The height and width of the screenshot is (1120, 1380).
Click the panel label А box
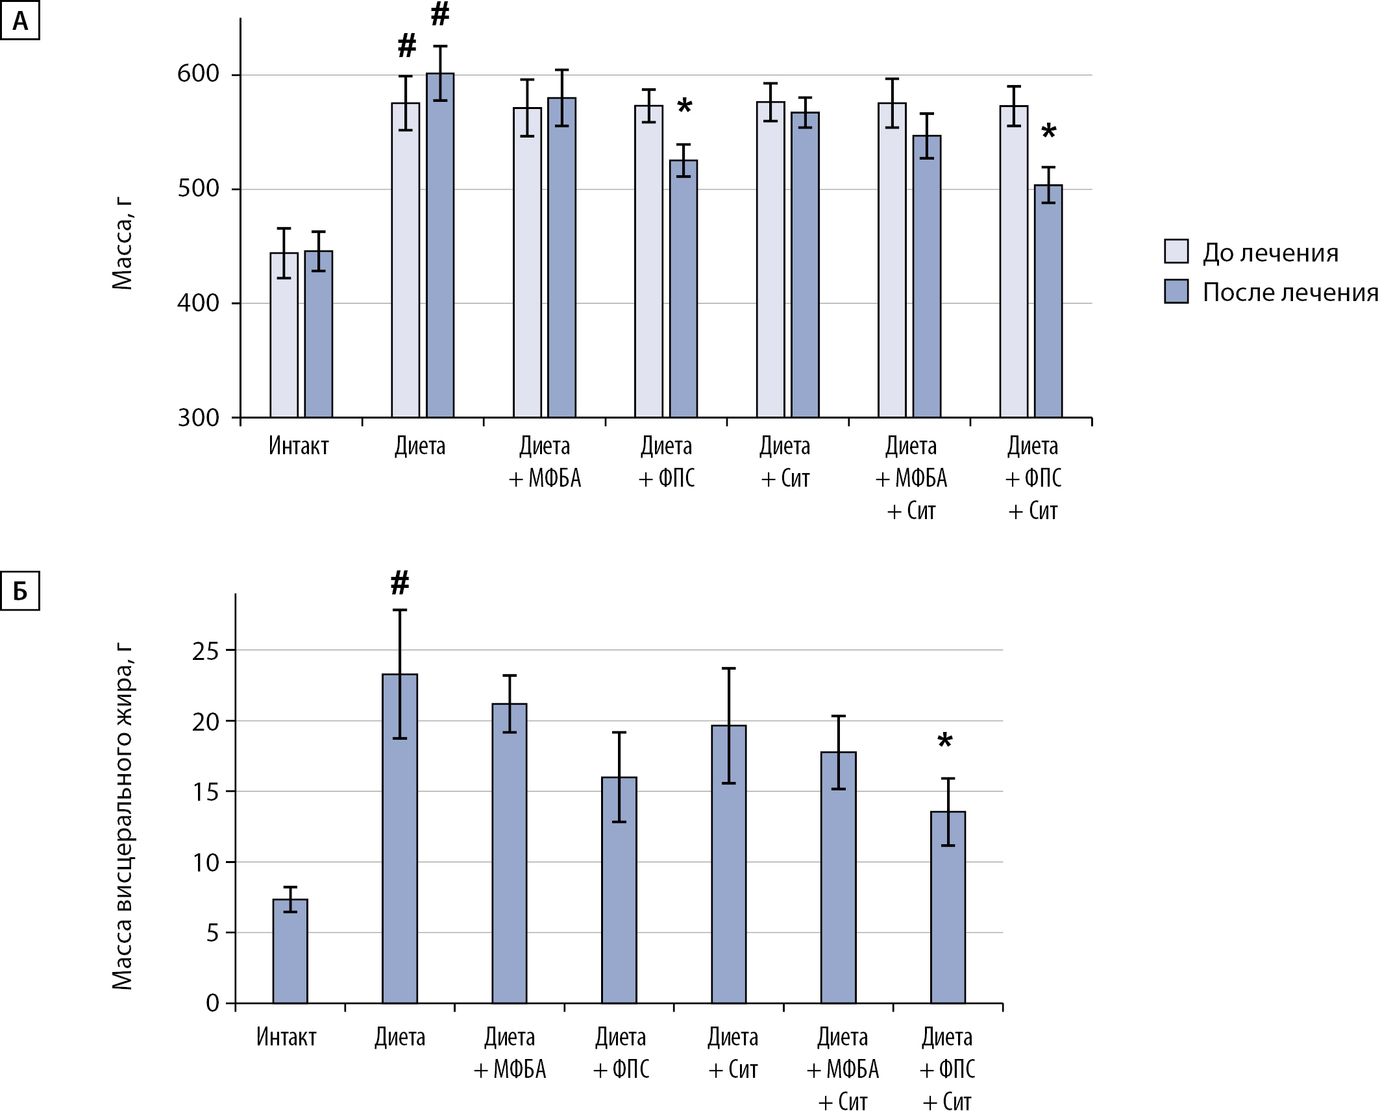(x=20, y=21)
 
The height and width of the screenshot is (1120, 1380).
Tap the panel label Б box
(x=20, y=590)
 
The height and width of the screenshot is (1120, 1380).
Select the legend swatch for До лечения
(x=1176, y=252)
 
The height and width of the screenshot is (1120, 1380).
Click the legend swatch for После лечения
(x=1176, y=291)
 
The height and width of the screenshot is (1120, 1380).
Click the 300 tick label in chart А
(x=199, y=417)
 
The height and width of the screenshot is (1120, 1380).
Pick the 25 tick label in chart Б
(x=205, y=651)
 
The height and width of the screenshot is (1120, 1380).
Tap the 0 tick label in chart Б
(x=213, y=1003)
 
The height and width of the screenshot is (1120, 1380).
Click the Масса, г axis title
(x=122, y=243)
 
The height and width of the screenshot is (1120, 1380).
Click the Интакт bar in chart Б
(x=290, y=951)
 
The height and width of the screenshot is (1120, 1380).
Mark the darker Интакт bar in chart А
(x=319, y=334)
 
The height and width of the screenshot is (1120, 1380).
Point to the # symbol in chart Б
(x=400, y=583)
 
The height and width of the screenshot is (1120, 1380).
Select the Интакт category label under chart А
(x=299, y=446)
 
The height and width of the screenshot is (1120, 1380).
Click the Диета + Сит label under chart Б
(x=733, y=1053)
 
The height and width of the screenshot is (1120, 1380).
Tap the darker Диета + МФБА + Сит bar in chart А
(x=927, y=276)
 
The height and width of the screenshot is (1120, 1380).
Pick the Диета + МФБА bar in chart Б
(x=510, y=853)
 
